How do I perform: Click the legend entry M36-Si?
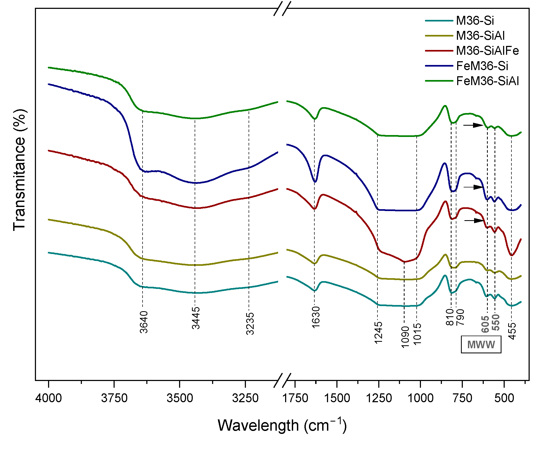pyautogui.click(x=474, y=21)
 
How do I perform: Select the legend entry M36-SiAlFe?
pyautogui.click(x=487, y=51)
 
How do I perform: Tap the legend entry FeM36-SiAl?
pyautogui.click(x=487, y=81)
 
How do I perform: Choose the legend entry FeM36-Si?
pyautogui.click(x=482, y=66)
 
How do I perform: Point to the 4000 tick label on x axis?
pyautogui.click(x=49, y=398)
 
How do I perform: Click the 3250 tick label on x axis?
pyautogui.click(x=245, y=398)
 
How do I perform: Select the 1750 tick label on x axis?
pyautogui.click(x=295, y=398)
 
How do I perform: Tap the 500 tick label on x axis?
pyautogui.click(x=504, y=398)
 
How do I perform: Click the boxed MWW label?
pyautogui.click(x=481, y=345)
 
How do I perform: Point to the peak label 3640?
pyautogui.click(x=144, y=322)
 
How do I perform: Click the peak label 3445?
pyautogui.click(x=196, y=318)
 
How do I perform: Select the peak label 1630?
pyautogui.click(x=316, y=317)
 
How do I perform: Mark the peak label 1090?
pyautogui.click(x=405, y=337)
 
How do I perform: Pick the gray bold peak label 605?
pyautogui.click(x=485, y=324)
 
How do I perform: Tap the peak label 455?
pyautogui.click(x=512, y=331)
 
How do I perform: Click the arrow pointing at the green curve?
pyautogui.click(x=474, y=125)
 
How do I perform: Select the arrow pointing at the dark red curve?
pyautogui.click(x=475, y=220)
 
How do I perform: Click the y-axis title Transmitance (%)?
pyautogui.click(x=19, y=170)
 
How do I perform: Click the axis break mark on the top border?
pyautogui.click(x=282, y=8)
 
